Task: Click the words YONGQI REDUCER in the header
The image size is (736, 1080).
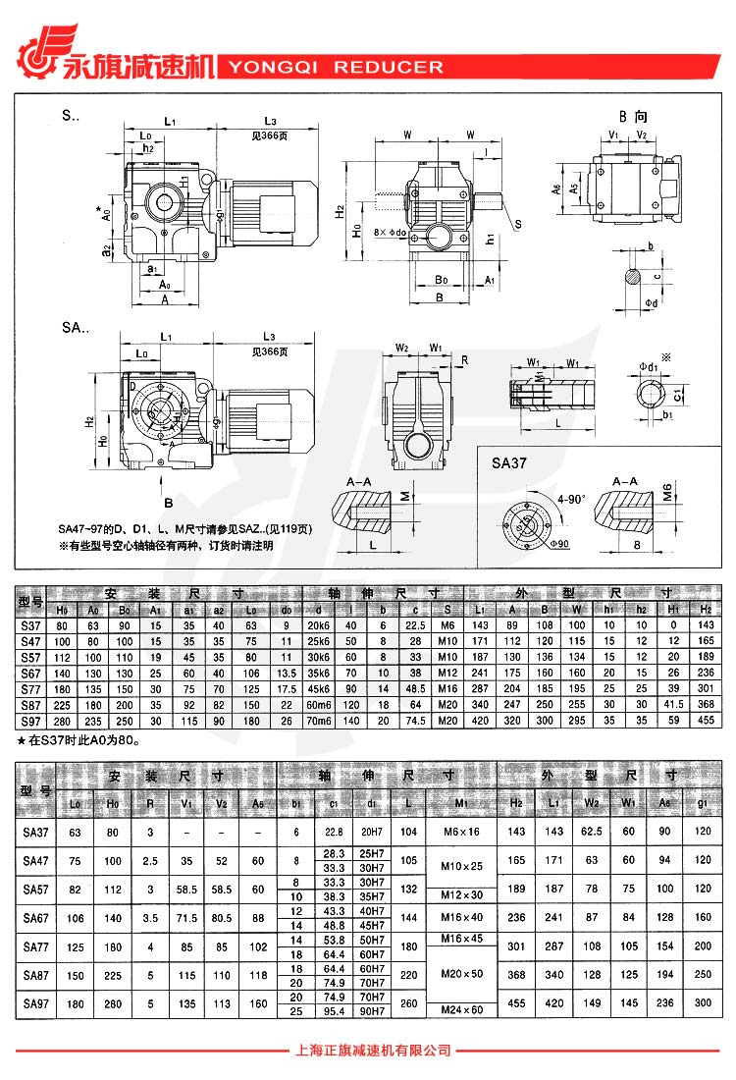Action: click(335, 68)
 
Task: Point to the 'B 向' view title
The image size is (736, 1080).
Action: click(632, 117)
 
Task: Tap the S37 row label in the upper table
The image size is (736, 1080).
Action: click(31, 625)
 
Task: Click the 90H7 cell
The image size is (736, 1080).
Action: click(370, 1010)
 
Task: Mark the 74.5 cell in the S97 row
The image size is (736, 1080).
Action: click(416, 721)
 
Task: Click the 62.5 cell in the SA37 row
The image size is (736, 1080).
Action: click(592, 832)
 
